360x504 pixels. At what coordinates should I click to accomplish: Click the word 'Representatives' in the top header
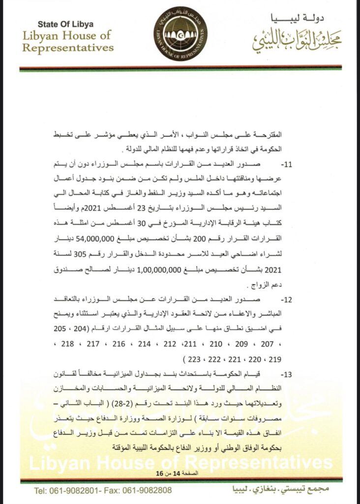[x=68, y=48]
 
